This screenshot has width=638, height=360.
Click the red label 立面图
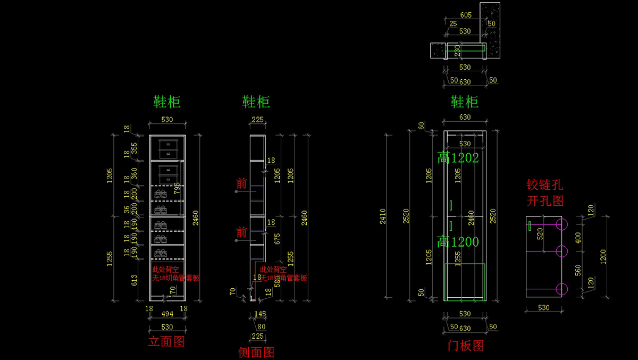166,341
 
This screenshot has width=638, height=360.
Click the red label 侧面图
256,351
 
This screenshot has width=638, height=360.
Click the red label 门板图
466,346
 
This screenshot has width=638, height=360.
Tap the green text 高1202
458,157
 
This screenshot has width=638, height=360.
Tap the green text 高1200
458,242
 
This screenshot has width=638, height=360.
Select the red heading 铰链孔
545,185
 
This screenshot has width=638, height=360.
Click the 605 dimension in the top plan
466,15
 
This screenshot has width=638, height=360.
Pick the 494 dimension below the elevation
167,315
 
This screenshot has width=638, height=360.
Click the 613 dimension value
135,279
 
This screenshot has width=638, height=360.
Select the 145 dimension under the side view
260,315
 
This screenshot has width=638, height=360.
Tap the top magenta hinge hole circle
562,224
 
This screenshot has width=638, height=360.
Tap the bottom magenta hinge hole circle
562,289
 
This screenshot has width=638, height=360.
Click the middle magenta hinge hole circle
562,250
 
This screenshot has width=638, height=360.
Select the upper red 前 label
242,184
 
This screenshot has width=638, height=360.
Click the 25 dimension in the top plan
452,24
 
